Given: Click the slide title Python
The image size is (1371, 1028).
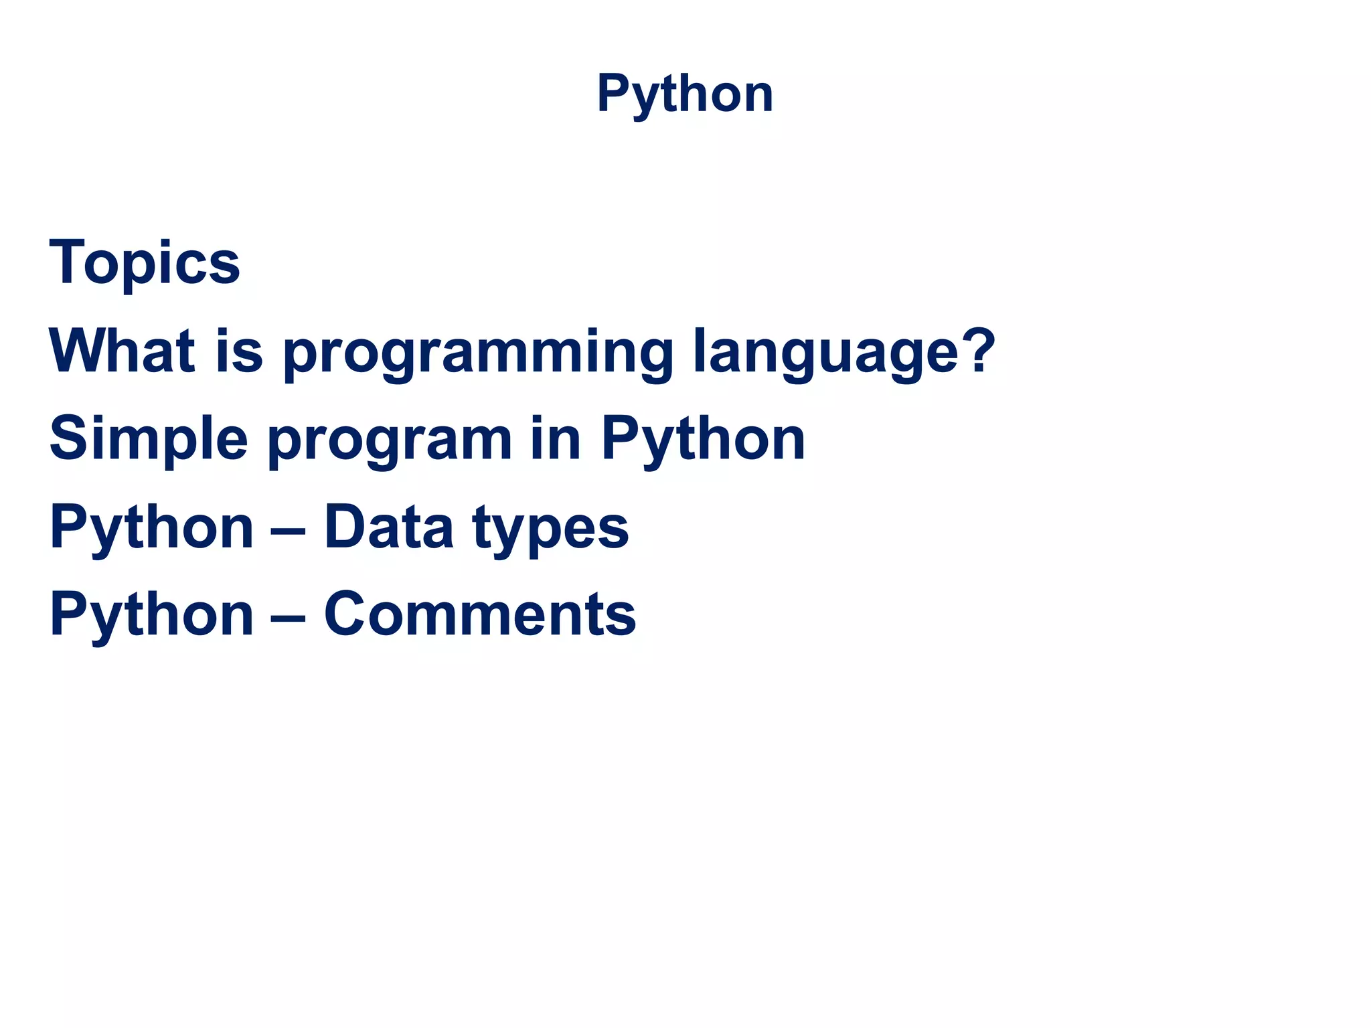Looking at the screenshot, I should [x=685, y=94].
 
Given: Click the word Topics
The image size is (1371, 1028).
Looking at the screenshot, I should [x=145, y=263].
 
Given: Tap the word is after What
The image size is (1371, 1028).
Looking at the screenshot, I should [x=238, y=351].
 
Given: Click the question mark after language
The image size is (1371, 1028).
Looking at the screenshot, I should [x=976, y=349].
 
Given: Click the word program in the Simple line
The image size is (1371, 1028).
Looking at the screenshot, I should [x=390, y=442].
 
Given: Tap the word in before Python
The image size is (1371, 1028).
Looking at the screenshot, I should [x=555, y=438].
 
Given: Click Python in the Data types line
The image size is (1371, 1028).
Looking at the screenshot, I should [x=151, y=529].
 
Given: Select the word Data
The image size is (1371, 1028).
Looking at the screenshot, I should [x=388, y=527].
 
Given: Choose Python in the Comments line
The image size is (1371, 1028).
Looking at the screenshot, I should [x=151, y=616].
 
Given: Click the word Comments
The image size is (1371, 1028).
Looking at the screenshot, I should [x=479, y=614].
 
